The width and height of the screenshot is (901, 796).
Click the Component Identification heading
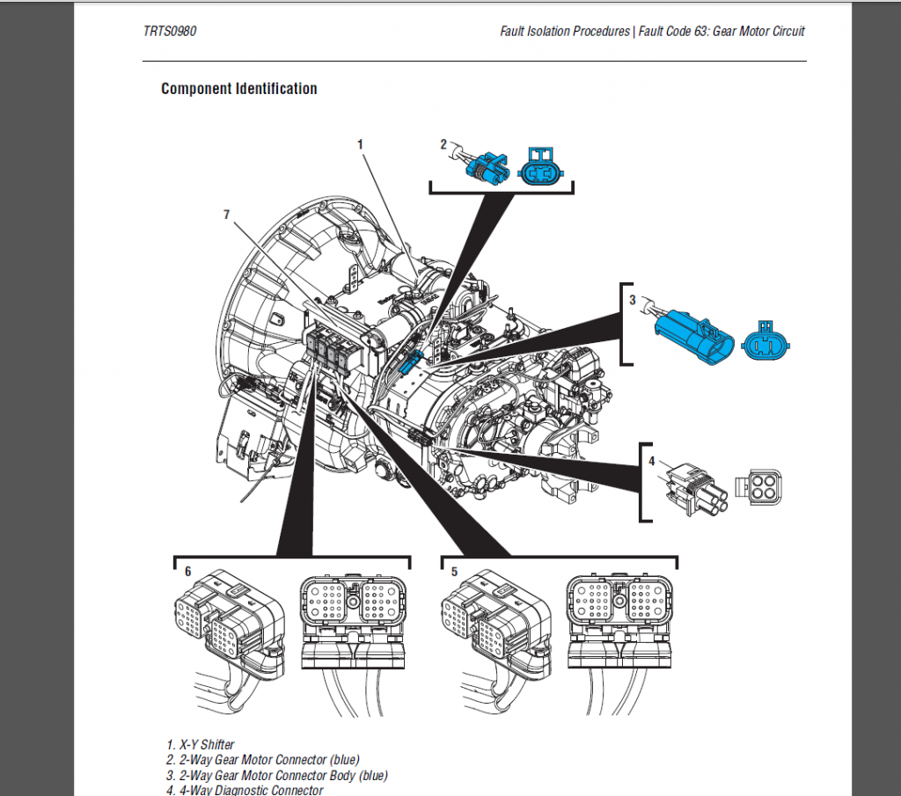238,89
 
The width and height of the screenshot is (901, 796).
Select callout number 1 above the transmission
361,142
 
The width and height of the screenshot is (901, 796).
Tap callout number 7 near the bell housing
227,214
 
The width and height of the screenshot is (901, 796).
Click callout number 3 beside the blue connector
632,300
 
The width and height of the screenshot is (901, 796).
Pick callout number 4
651,460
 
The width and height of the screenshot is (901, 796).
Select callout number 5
454,572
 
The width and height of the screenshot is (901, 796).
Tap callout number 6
187,572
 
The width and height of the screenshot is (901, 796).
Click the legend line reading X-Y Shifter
201,745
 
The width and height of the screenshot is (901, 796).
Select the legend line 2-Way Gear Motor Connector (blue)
263,760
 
